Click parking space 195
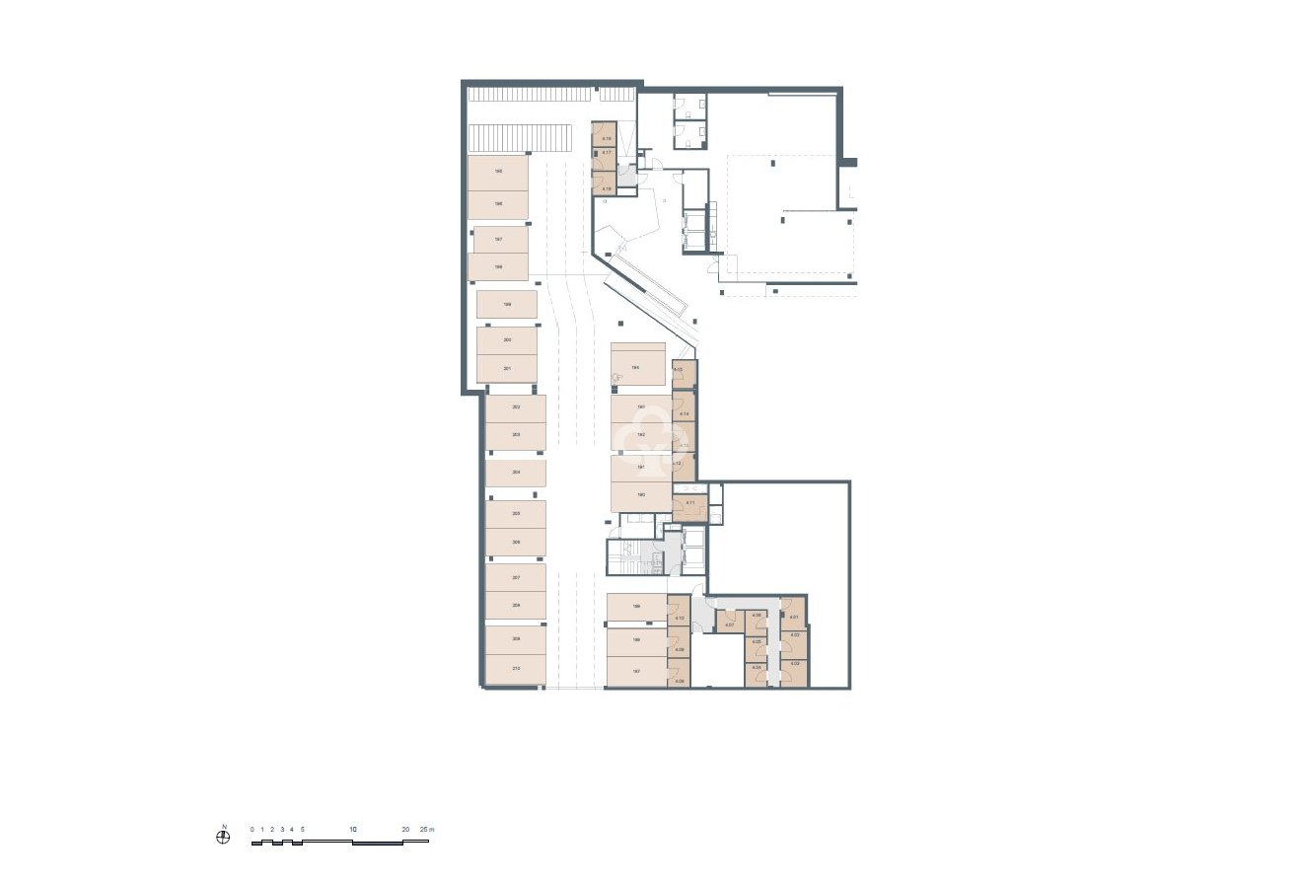pyautogui.click(x=497, y=173)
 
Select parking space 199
pyautogui.click(x=507, y=305)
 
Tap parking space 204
pyautogui.click(x=515, y=474)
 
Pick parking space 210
pyautogui.click(x=515, y=669)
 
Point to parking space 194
pyautogui.click(x=639, y=367)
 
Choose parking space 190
pyautogui.click(x=640, y=494)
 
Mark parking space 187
pyautogui.click(x=636, y=671)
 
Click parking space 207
pyautogui.click(x=515, y=577)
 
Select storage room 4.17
pyautogui.click(x=604, y=154)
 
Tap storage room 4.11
pyautogui.click(x=690, y=504)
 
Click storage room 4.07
pyautogui.click(x=729, y=625)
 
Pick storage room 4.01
pyautogui.click(x=794, y=619)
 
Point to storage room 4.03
pyautogui.click(x=794, y=665)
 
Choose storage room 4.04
pyautogui.click(x=757, y=668)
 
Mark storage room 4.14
pyautogui.click(x=685, y=413)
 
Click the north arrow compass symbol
pyautogui.click(x=224, y=838)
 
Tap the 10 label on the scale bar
pyautogui.click(x=352, y=830)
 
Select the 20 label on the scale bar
pyautogui.click(x=405, y=830)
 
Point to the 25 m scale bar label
pyautogui.click(x=425, y=830)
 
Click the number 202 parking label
pyautogui.click(x=516, y=407)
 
